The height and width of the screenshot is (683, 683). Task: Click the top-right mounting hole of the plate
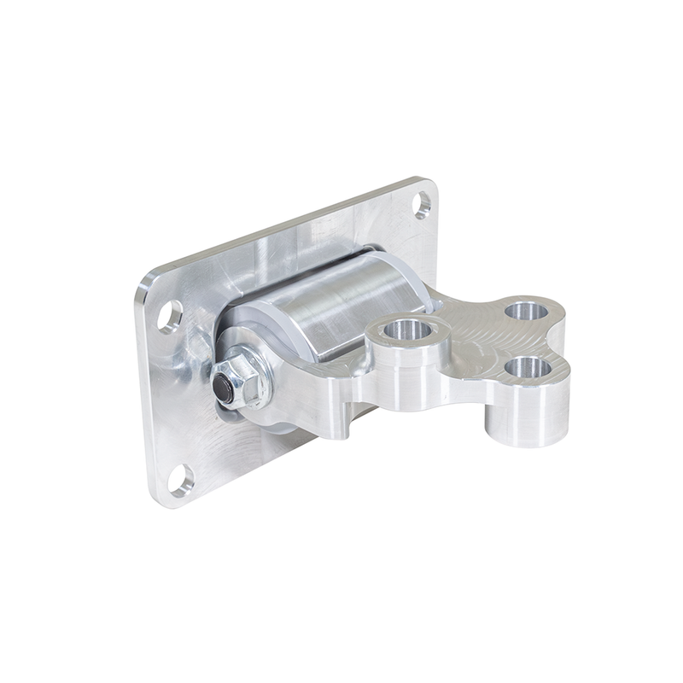[x=423, y=204]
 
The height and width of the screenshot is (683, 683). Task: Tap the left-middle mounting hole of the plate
[x=170, y=316]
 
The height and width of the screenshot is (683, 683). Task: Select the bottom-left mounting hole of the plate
[x=181, y=480]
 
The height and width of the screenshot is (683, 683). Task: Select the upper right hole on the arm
[x=526, y=309]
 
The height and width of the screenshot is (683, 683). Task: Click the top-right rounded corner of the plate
[x=429, y=184]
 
